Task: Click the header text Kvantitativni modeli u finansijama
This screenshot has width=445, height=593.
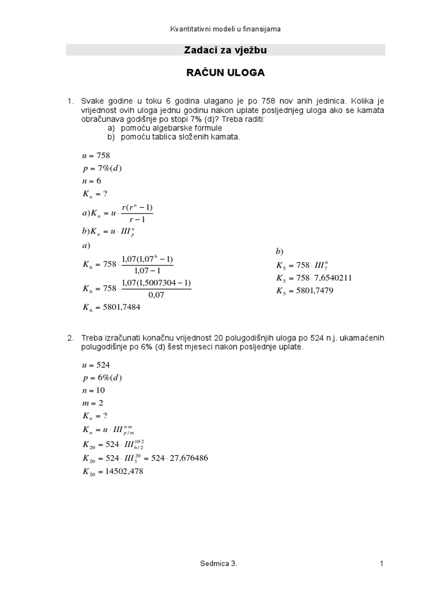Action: (x=225, y=29)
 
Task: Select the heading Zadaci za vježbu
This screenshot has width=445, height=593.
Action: (x=225, y=51)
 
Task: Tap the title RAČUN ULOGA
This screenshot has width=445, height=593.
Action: (x=225, y=73)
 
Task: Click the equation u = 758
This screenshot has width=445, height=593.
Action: (x=96, y=156)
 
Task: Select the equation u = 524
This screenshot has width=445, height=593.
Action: (x=96, y=365)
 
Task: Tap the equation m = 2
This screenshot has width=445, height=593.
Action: (x=93, y=403)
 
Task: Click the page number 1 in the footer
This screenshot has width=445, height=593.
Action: (x=382, y=563)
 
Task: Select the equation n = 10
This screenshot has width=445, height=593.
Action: (x=93, y=390)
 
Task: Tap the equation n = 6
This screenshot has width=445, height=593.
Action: (x=92, y=181)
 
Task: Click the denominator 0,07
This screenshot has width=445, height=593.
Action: (x=156, y=295)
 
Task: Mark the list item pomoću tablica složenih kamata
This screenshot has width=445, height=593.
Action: (x=180, y=137)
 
